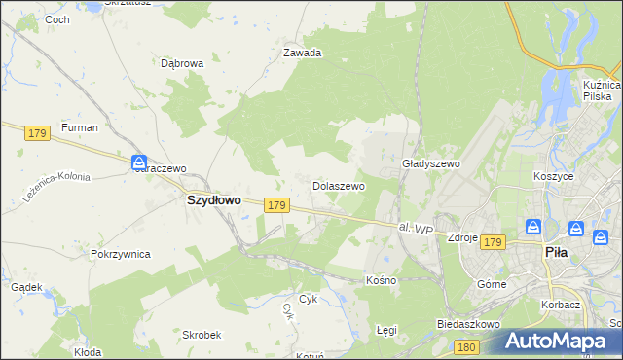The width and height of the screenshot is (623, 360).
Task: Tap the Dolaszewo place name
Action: point(338,185)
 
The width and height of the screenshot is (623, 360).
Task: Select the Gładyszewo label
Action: point(430,164)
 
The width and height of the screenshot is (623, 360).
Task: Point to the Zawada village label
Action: point(302,54)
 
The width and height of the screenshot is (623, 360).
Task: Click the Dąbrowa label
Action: point(181,63)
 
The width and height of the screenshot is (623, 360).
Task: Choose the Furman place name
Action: point(79,127)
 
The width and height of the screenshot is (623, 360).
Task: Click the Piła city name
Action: point(556,252)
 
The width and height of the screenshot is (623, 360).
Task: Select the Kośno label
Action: point(381,280)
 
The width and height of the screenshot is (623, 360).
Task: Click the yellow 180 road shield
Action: point(467,345)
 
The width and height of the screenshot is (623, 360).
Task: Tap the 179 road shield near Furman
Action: point(38,133)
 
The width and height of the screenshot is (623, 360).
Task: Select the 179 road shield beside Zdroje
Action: point(493,241)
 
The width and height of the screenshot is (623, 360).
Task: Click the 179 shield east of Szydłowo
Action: point(276,205)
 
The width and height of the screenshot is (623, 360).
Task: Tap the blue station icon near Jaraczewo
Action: point(140,162)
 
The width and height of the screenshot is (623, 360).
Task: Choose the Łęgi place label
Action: point(386,330)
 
